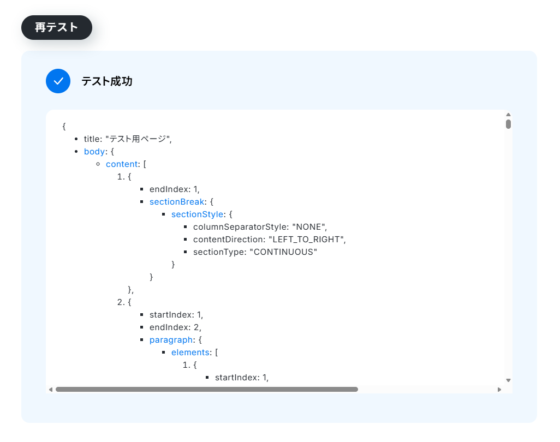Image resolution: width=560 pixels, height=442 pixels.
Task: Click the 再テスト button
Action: point(56,27)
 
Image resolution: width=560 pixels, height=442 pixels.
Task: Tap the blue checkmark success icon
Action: point(58,81)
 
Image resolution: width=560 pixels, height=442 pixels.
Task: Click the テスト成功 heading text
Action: point(107,81)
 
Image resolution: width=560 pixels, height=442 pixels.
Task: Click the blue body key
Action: point(94,151)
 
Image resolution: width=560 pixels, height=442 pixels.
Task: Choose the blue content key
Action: point(122,164)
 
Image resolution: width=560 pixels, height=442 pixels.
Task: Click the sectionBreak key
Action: point(177,202)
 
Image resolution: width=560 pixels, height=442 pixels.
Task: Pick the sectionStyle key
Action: point(197,214)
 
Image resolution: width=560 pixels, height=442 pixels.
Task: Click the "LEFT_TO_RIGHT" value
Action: point(306,240)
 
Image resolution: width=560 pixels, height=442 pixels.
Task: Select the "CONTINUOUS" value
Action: point(283,252)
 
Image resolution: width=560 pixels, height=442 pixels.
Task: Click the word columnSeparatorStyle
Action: point(240,227)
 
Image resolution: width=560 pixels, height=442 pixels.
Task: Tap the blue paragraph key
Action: point(171,340)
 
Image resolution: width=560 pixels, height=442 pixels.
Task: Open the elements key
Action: point(190,353)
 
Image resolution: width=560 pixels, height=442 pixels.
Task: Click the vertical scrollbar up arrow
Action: point(508,115)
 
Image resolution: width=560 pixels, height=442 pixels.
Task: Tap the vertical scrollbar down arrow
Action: point(508,380)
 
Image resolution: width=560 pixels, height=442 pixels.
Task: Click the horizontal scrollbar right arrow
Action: point(499,390)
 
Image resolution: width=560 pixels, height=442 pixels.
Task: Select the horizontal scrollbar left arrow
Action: point(51,390)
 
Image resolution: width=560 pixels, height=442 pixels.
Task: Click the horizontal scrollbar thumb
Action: point(207,390)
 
